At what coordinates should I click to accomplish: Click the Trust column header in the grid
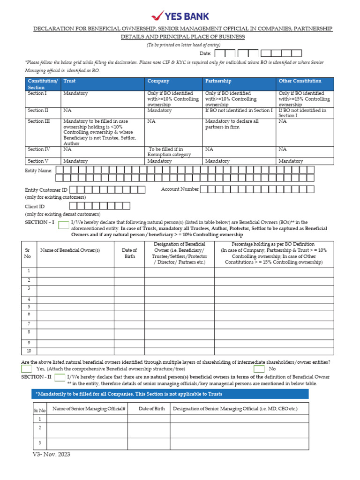point(69,81)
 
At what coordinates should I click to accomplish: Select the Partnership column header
point(218,81)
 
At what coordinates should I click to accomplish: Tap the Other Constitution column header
point(300,81)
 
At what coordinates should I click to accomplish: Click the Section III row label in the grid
point(38,121)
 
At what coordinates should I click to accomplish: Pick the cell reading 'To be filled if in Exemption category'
point(170,152)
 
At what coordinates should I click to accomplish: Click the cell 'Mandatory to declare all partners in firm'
point(232,124)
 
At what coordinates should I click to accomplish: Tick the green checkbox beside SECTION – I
point(63,225)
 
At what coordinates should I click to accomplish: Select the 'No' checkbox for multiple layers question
point(259,369)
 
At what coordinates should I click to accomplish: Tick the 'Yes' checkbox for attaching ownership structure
point(27,369)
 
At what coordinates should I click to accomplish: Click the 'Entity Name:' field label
point(38,171)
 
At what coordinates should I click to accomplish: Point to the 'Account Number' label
point(180,189)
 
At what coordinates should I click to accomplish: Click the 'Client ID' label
point(35,206)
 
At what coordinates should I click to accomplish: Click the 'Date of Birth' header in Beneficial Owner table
point(129,254)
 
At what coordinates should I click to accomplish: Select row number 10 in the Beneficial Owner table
point(29,351)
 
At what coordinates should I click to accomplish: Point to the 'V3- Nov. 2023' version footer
point(52,454)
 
